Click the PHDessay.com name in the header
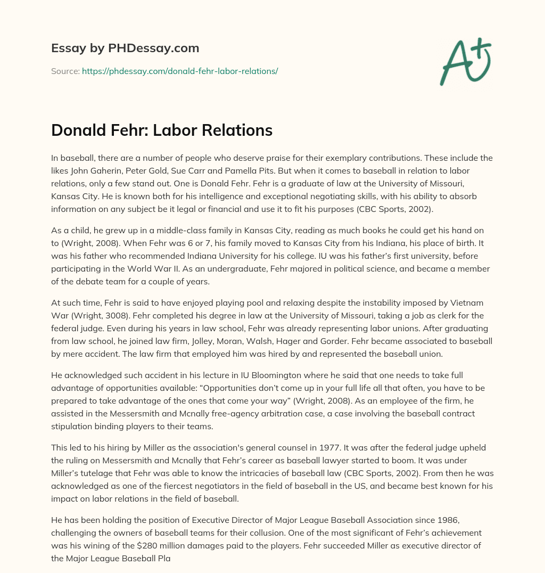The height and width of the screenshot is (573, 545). [x=154, y=48]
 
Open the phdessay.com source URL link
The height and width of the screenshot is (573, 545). [x=180, y=71]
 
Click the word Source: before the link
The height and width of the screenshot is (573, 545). [x=65, y=71]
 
